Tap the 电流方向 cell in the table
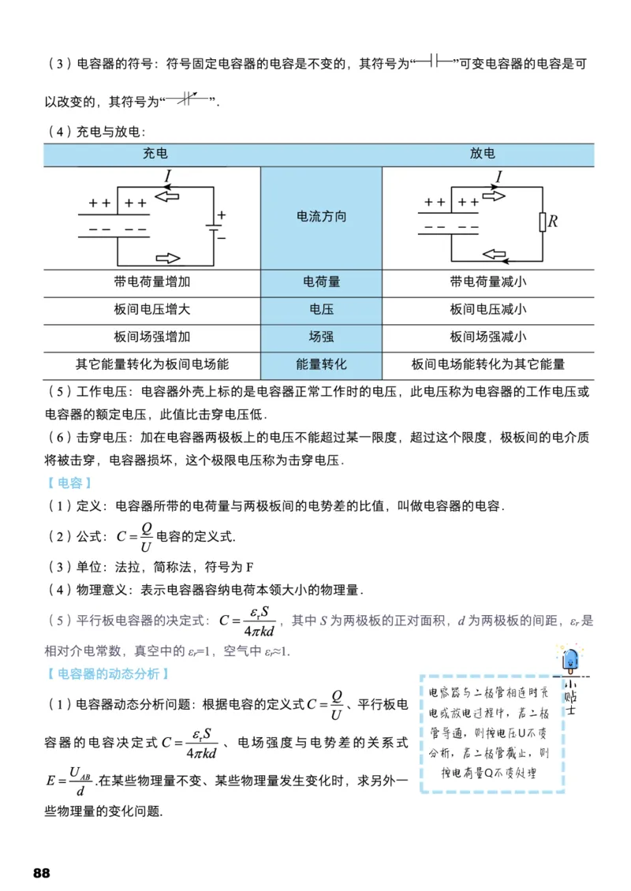(x=320, y=217)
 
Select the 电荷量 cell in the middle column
(x=320, y=281)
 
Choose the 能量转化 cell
(x=320, y=364)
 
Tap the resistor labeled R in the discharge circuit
(x=543, y=222)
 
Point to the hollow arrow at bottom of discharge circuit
(x=495, y=254)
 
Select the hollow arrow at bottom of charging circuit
(x=168, y=259)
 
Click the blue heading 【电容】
(x=69, y=483)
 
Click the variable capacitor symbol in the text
(x=188, y=100)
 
